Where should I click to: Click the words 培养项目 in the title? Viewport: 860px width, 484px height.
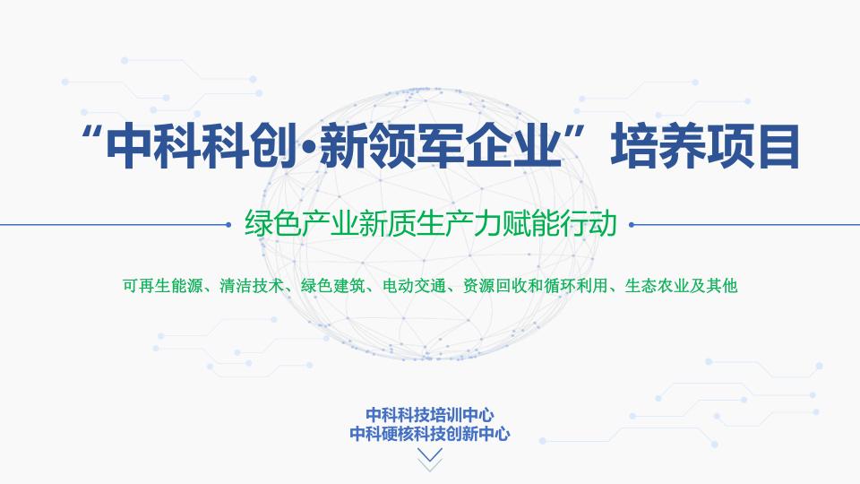tap(705, 146)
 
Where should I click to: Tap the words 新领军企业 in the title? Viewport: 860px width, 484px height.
tap(442, 146)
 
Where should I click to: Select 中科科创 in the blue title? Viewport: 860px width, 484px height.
tap(201, 146)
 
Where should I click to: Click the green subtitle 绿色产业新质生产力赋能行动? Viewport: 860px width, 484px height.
tap(431, 223)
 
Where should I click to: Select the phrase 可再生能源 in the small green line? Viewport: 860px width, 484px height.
tap(163, 286)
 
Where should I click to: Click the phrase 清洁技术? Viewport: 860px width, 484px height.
tap(252, 286)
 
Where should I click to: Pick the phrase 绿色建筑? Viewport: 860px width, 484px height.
tap(333, 286)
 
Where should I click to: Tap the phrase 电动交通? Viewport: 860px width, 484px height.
tap(414, 286)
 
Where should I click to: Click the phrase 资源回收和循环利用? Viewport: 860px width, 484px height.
tap(536, 286)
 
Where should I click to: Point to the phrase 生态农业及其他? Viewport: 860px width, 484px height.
tap(681, 286)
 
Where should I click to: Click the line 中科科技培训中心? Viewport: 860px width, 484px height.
tap(430, 415)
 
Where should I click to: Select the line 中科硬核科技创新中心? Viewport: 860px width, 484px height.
tap(430, 434)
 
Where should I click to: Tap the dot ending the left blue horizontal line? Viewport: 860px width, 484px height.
tap(228, 224)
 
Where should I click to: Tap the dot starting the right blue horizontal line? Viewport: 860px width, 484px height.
tap(632, 224)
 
